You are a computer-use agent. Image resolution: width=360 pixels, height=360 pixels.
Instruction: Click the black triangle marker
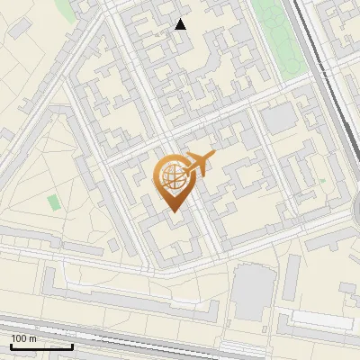pyautogui.click(x=181, y=24)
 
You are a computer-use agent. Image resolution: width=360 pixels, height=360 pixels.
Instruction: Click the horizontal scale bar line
pyautogui.click(x=40, y=346)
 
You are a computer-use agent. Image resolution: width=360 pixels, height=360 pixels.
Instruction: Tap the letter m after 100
pyautogui.click(x=32, y=338)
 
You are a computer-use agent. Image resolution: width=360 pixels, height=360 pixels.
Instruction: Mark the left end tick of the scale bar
pyautogui.click(x=10, y=344)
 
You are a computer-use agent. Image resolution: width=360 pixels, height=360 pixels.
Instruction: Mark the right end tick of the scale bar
pyautogui.click(x=72, y=344)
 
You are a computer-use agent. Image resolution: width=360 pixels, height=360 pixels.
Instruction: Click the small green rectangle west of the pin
pyautogui.click(x=52, y=202)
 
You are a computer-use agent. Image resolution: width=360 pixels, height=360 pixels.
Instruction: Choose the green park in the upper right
pyautogui.click(x=279, y=36)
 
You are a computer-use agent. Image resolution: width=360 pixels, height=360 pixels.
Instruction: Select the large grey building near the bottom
pyautogui.click(x=253, y=292)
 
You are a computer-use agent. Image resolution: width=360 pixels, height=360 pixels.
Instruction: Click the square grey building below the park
pyautogui.click(x=279, y=117)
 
